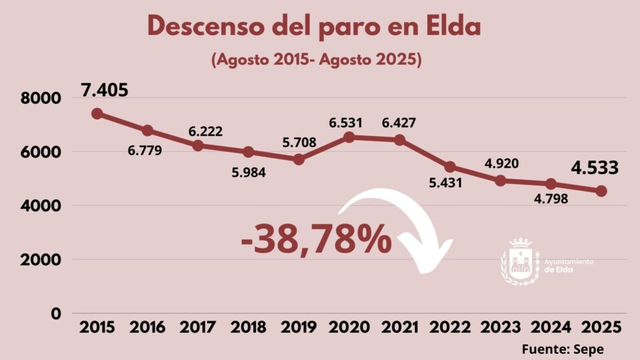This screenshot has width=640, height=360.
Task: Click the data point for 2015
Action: click(97, 113)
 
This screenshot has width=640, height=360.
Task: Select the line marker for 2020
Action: click(349, 137)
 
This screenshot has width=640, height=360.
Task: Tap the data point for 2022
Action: click(450, 167)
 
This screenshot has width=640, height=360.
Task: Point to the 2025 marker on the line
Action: click(601, 191)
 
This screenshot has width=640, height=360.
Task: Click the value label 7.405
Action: click(105, 90)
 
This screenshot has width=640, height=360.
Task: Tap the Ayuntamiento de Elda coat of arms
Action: click(521, 261)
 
